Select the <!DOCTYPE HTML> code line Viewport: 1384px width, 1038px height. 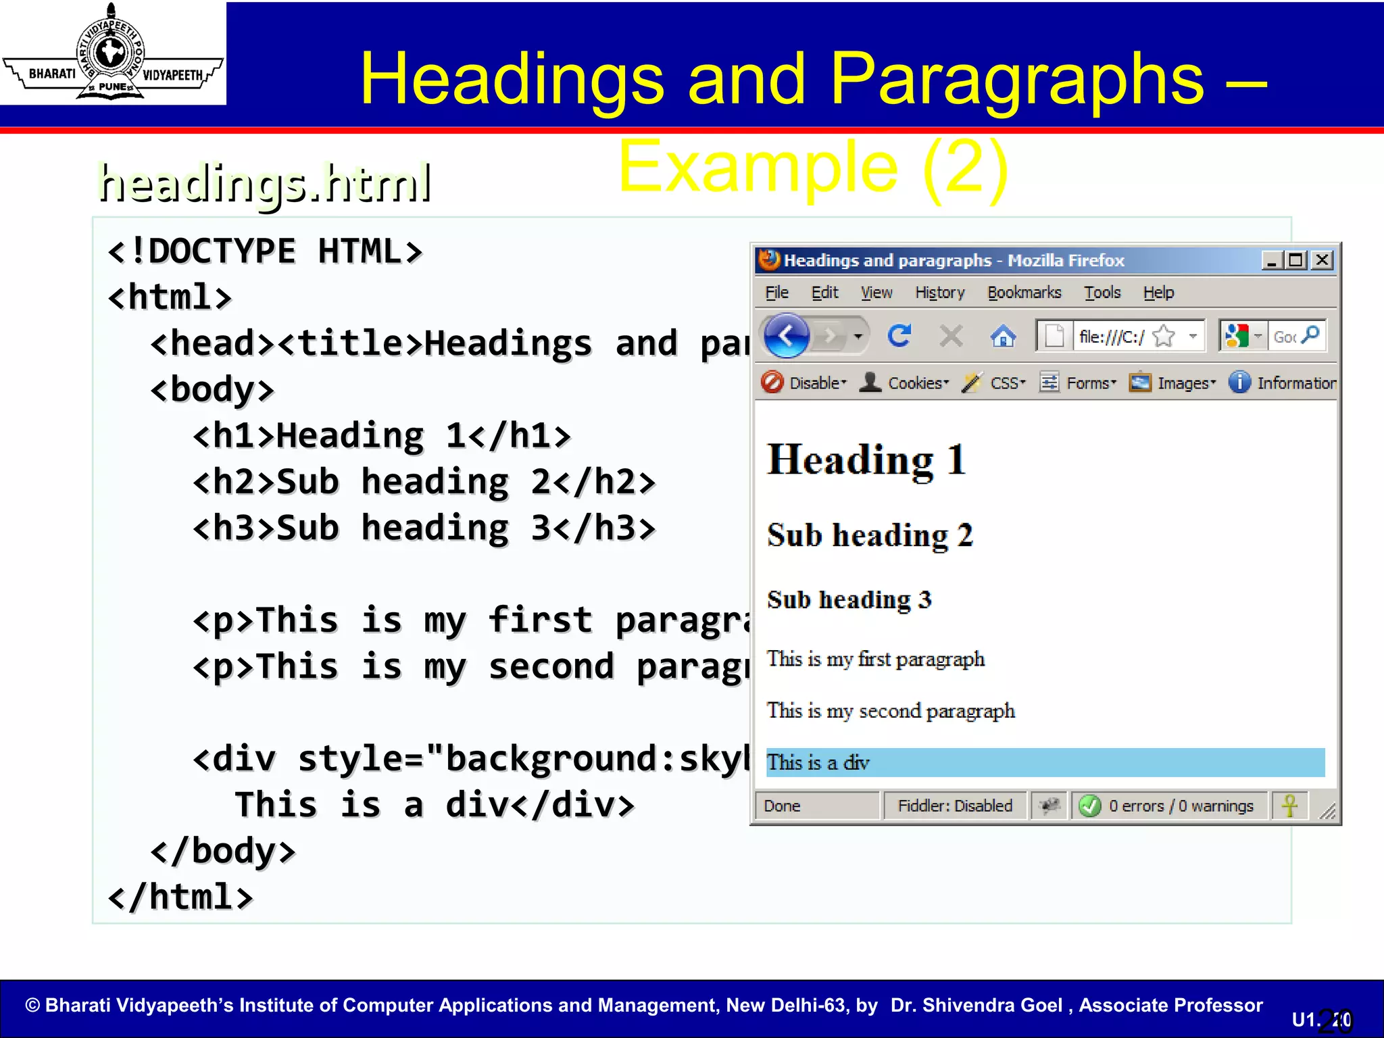tap(265, 251)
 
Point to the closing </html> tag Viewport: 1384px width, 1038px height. tap(180, 897)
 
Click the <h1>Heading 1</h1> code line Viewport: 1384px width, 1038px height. tap(382, 436)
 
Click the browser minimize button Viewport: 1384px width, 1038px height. tap(1271, 260)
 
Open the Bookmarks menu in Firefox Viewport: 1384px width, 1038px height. tap(1024, 293)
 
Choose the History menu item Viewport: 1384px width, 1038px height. tap(939, 293)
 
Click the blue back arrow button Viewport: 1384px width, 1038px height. tap(787, 335)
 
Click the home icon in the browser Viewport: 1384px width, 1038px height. tap(1003, 336)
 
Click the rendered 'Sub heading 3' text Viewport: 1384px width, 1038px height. tap(849, 599)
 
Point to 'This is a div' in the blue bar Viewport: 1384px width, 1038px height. tap(818, 763)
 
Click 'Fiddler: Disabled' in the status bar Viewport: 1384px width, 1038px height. tap(954, 806)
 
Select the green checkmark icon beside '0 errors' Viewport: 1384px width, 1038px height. tap(1089, 806)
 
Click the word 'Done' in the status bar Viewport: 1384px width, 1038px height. tap(782, 806)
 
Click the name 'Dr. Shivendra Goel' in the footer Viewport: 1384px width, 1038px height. tap(976, 1005)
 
